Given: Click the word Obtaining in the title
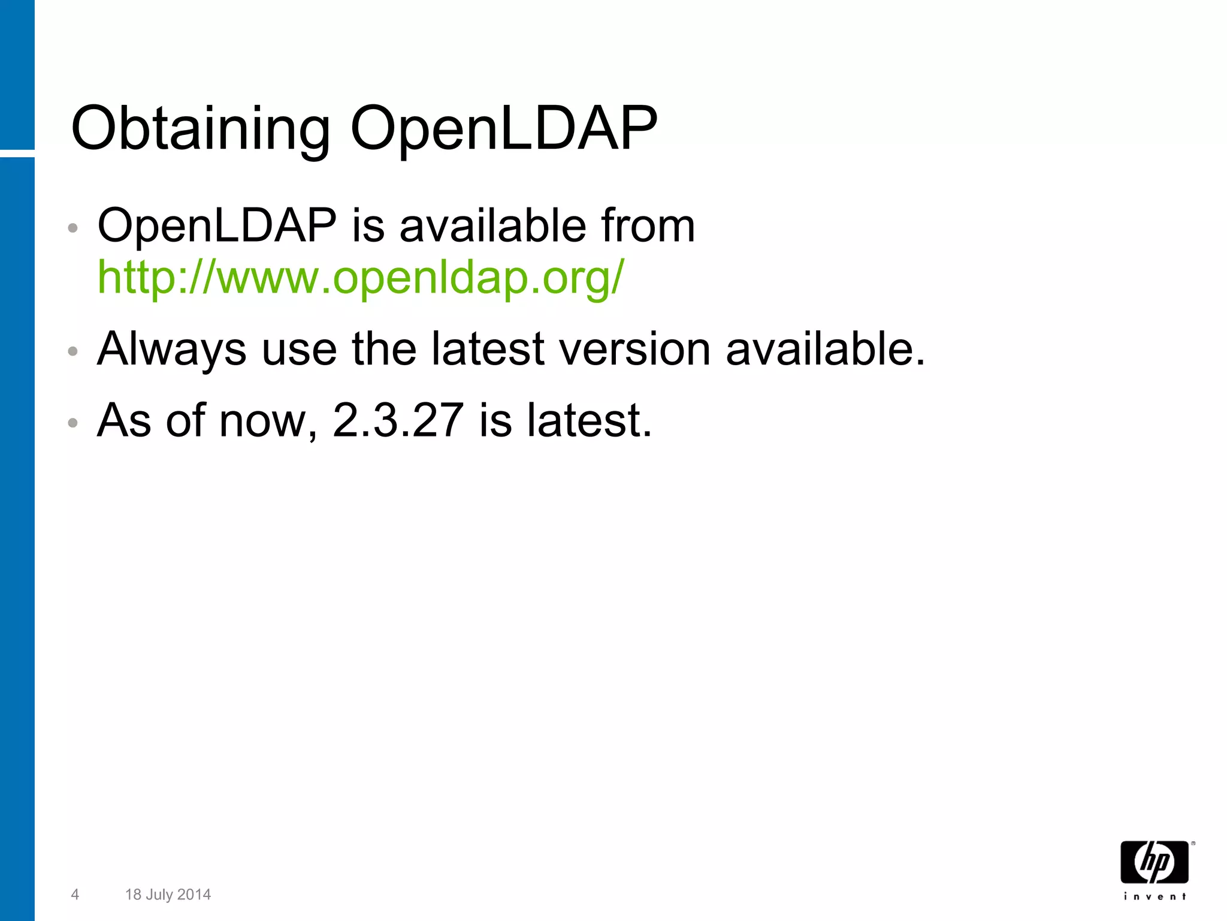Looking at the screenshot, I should tap(201, 129).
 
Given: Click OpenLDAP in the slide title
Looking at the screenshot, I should tap(503, 129).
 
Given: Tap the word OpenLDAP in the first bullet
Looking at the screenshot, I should tap(217, 226).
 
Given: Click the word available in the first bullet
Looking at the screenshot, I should tap(492, 226).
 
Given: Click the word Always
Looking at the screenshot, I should tap(171, 350).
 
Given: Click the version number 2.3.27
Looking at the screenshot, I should tap(398, 420).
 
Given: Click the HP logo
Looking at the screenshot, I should tap(1155, 862).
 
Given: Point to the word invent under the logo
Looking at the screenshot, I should tap(1155, 896).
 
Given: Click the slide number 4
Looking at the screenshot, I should tap(75, 895).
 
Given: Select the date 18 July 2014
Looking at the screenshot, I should tap(168, 895).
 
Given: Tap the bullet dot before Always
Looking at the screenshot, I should tap(73, 351).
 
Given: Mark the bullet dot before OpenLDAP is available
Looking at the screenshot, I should tap(73, 228).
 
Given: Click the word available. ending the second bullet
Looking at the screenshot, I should tap(826, 350).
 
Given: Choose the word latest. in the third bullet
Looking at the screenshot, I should tap(589, 420).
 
